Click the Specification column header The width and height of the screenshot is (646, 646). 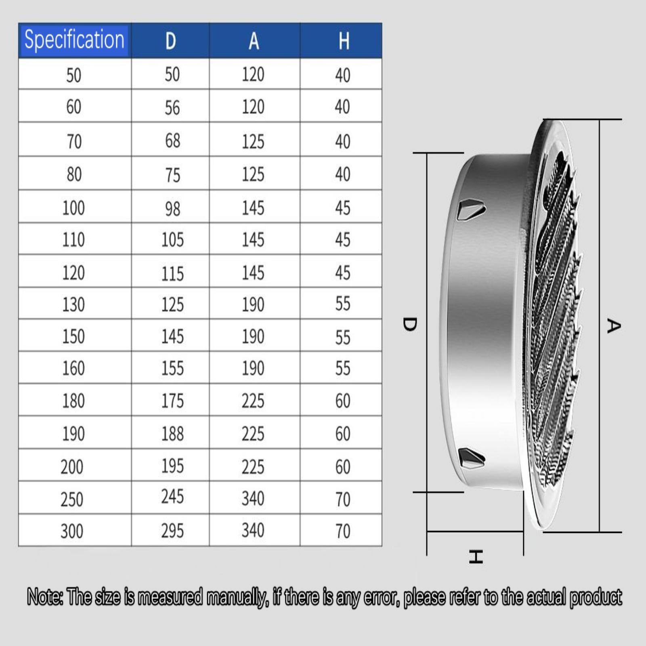pos(74,40)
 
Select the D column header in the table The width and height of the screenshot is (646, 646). pos(171,41)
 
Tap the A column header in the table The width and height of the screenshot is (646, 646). pos(254,41)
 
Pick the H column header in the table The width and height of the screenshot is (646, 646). pos(344,41)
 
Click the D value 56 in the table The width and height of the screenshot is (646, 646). pos(172,108)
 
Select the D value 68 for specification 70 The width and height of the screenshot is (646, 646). pos(172,141)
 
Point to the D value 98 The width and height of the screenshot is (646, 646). pos(172,209)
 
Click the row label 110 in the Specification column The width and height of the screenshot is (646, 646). pos(73,240)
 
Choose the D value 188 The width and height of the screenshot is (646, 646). pos(172,434)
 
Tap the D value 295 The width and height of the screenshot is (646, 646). pos(172,531)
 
